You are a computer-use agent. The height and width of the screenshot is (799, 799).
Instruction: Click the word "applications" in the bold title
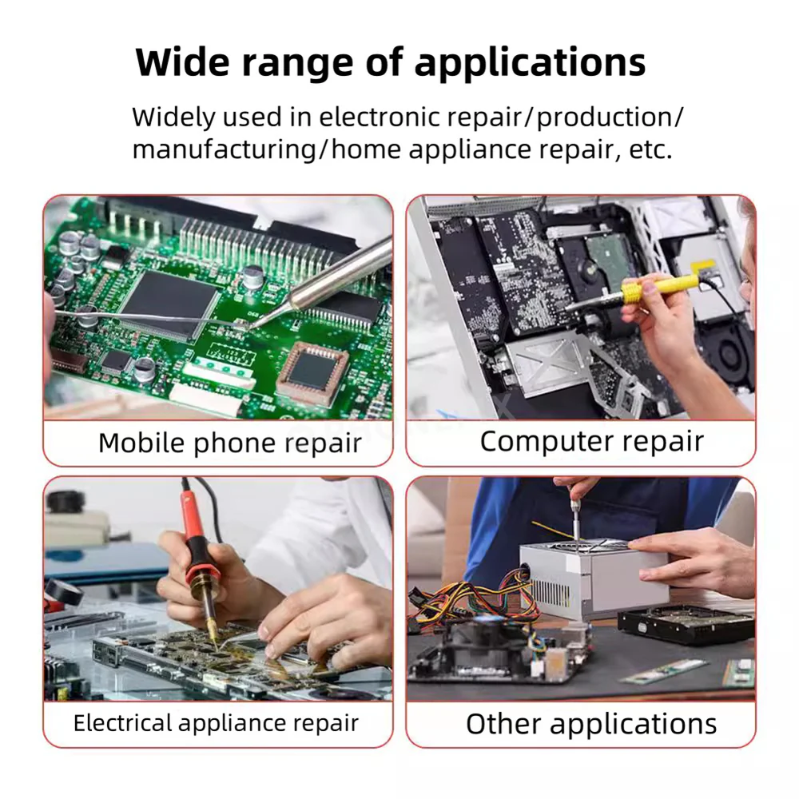pyautogui.click(x=530, y=63)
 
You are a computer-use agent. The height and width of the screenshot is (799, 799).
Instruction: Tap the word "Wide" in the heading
pyautogui.click(x=182, y=62)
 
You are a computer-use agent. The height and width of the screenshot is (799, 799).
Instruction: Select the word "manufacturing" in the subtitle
pyautogui.click(x=225, y=150)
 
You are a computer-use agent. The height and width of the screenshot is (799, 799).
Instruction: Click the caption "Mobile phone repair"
pyautogui.click(x=230, y=443)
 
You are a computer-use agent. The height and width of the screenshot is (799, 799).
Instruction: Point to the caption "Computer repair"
pyautogui.click(x=591, y=441)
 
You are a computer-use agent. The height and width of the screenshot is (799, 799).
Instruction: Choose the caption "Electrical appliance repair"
pyautogui.click(x=216, y=723)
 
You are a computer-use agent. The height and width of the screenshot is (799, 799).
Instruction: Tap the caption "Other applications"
pyautogui.click(x=591, y=724)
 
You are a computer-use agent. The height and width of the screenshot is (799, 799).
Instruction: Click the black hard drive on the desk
pyautogui.click(x=686, y=625)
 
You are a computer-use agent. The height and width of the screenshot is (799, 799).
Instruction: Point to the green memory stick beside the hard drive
pyautogui.click(x=665, y=671)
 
